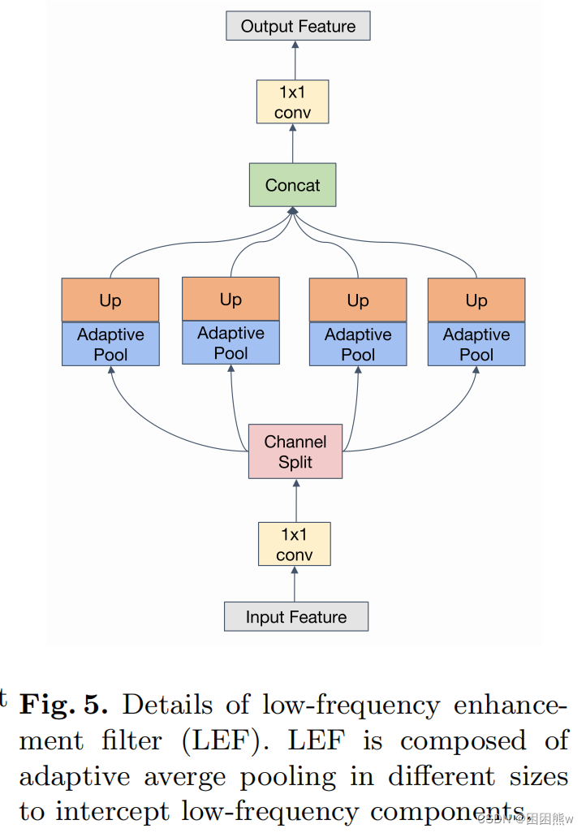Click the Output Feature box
click(298, 26)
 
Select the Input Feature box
click(295, 617)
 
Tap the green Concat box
click(292, 185)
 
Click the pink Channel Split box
click(295, 452)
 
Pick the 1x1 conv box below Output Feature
click(292, 102)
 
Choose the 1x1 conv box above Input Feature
click(294, 545)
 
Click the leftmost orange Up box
click(110, 300)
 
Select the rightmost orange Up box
click(476, 300)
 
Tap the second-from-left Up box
click(231, 299)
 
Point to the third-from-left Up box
click(358, 300)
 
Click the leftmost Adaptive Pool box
click(110, 344)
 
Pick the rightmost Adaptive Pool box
click(476, 344)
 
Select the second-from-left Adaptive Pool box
click(231, 343)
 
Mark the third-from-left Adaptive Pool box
click(358, 344)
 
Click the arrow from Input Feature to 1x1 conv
click(295, 584)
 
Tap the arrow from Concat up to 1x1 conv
click(293, 144)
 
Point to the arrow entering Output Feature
click(295, 59)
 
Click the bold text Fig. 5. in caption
click(63, 704)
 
